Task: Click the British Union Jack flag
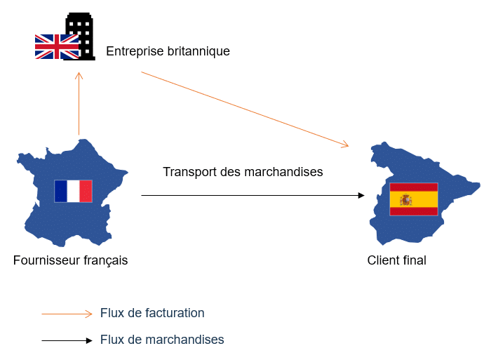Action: pos(56,46)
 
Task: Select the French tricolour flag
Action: pos(73,191)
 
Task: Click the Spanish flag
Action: pos(414,199)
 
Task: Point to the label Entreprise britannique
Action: pos(168,51)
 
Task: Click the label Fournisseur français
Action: pos(70,260)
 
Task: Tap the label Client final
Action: pos(396,260)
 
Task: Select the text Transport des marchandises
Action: pos(243,172)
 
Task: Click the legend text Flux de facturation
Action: pos(152,313)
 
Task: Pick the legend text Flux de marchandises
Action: pos(162,340)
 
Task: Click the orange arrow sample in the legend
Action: pos(67,314)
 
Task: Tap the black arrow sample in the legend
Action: pos(67,340)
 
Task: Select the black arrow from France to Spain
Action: pos(253,195)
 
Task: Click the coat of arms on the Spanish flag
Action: pos(405,200)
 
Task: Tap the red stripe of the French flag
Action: pos(86,191)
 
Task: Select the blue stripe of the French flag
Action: pos(60,191)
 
